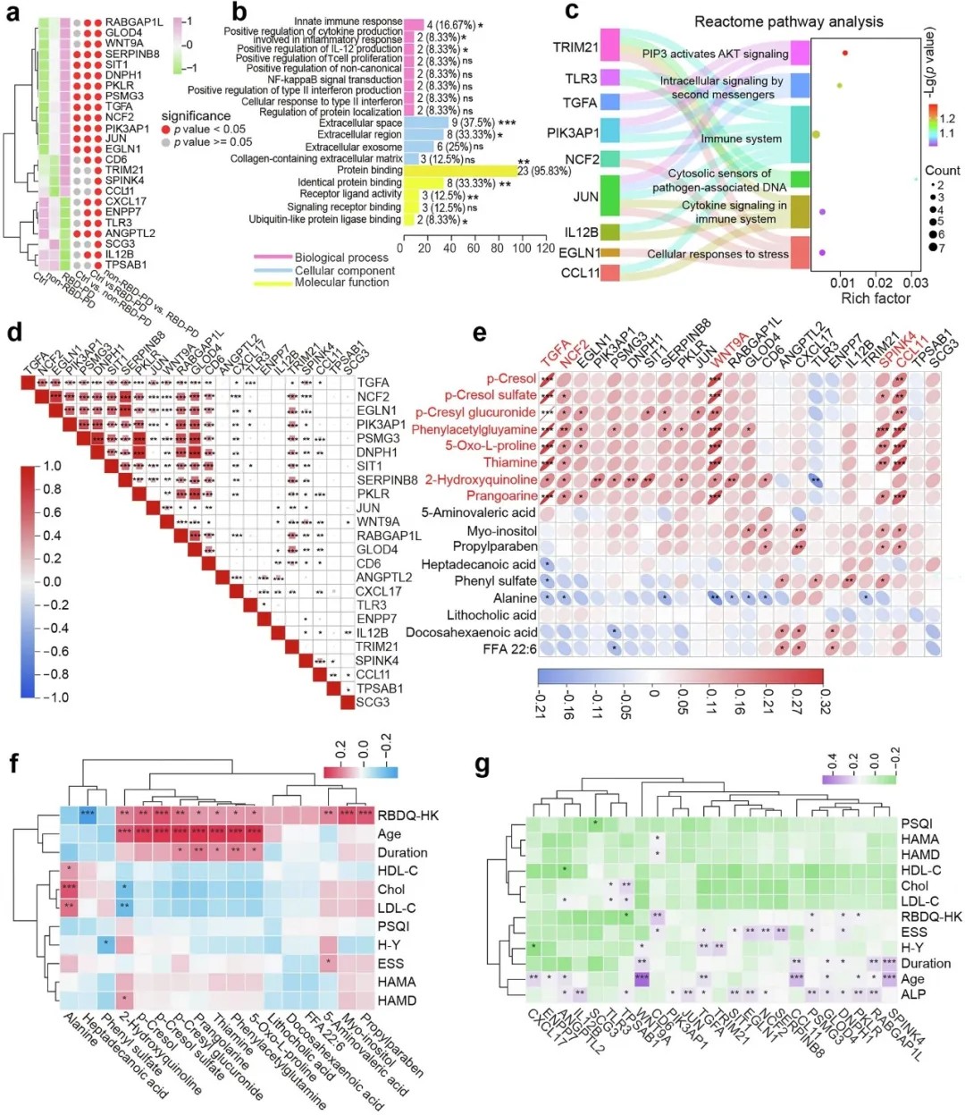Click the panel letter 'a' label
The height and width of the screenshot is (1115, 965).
(14, 13)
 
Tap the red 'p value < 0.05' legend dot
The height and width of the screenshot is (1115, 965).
(166, 130)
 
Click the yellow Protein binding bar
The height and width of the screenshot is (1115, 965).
(458, 170)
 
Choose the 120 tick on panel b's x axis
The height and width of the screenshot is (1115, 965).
(544, 249)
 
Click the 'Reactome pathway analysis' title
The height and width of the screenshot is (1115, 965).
(788, 21)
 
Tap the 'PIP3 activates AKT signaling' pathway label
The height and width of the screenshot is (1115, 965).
(715, 54)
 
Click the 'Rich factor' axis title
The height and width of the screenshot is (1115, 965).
(876, 299)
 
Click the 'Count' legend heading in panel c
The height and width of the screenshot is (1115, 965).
(942, 170)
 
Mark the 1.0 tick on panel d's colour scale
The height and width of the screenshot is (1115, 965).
(52, 466)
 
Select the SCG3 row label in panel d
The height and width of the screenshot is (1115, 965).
(373, 703)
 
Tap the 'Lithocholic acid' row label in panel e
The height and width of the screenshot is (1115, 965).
(491, 615)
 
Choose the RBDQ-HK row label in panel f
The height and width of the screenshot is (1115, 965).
(397, 815)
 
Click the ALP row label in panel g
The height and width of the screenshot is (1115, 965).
(913, 994)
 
